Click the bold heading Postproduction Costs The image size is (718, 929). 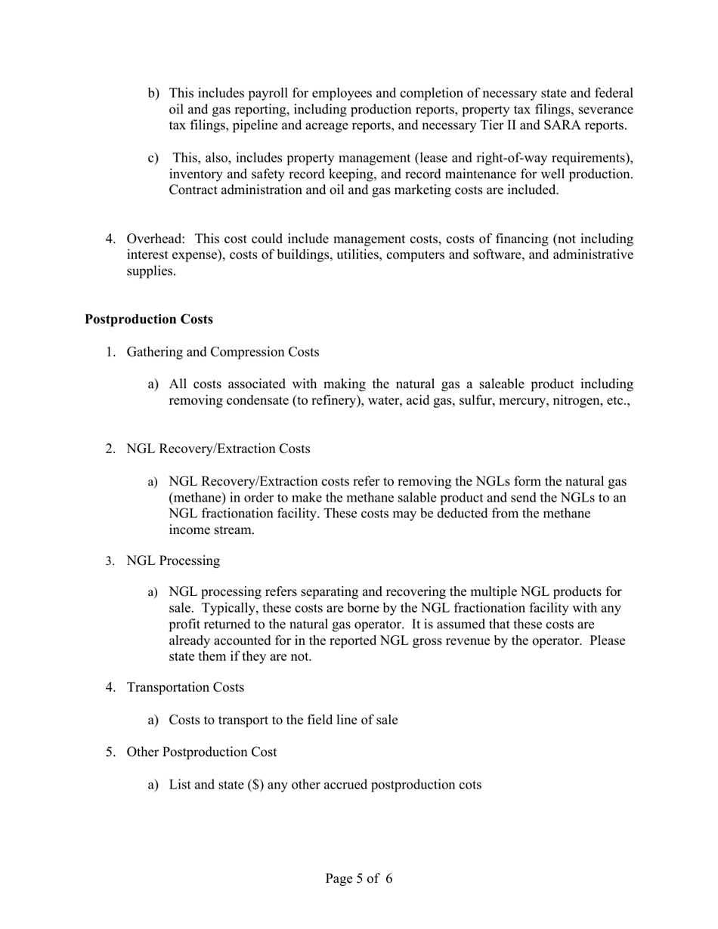149,319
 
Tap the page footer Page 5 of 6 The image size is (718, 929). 359,878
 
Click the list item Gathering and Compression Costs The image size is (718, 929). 223,352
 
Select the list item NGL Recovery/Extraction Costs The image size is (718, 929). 218,449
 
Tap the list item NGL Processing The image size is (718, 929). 173,560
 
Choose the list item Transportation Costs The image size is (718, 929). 185,687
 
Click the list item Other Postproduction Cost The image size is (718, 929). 202,752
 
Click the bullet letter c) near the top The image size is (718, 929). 153,158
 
